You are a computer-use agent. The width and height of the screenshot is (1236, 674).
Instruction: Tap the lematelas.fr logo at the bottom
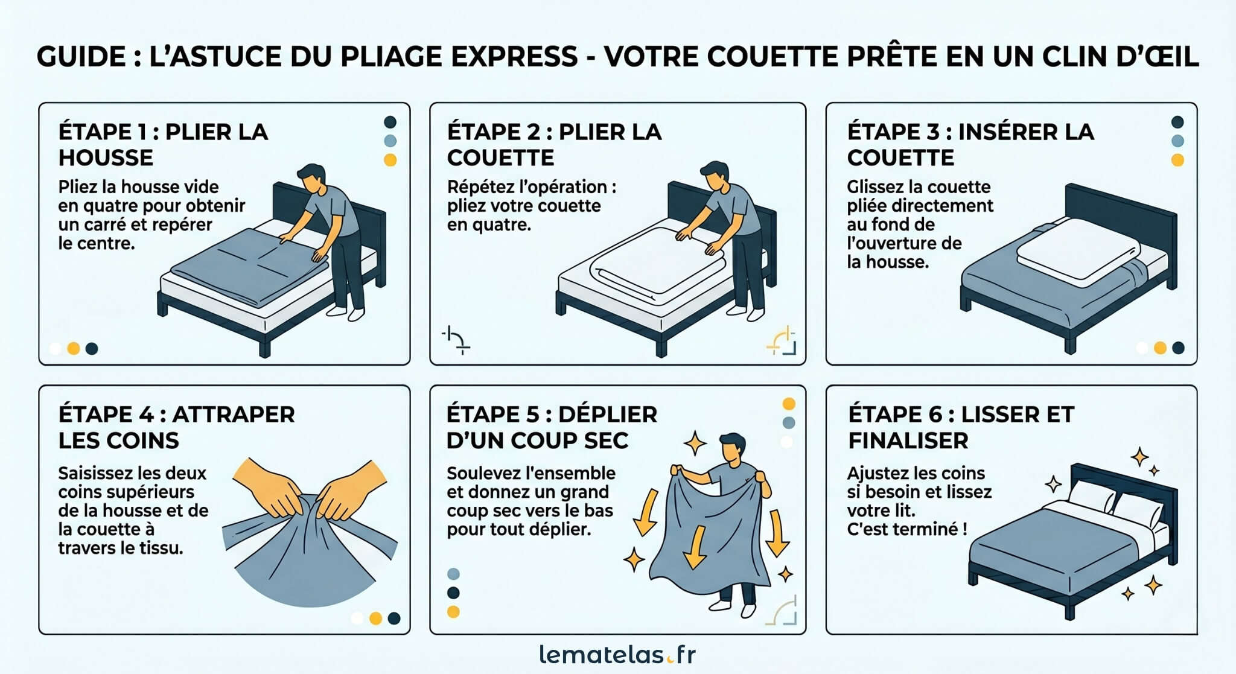pos(617,655)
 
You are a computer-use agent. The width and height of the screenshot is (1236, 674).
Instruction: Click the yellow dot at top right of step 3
pos(1177,160)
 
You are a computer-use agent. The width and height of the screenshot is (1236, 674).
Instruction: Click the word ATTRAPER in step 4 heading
pos(234,415)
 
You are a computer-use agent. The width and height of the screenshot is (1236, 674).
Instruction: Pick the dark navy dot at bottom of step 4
pos(394,618)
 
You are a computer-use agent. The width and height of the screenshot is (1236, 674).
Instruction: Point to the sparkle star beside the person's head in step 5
pos(695,444)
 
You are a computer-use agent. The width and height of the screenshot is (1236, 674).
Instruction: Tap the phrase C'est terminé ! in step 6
pos(906,529)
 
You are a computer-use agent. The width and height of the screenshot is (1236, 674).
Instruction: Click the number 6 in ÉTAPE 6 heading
pos(935,415)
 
